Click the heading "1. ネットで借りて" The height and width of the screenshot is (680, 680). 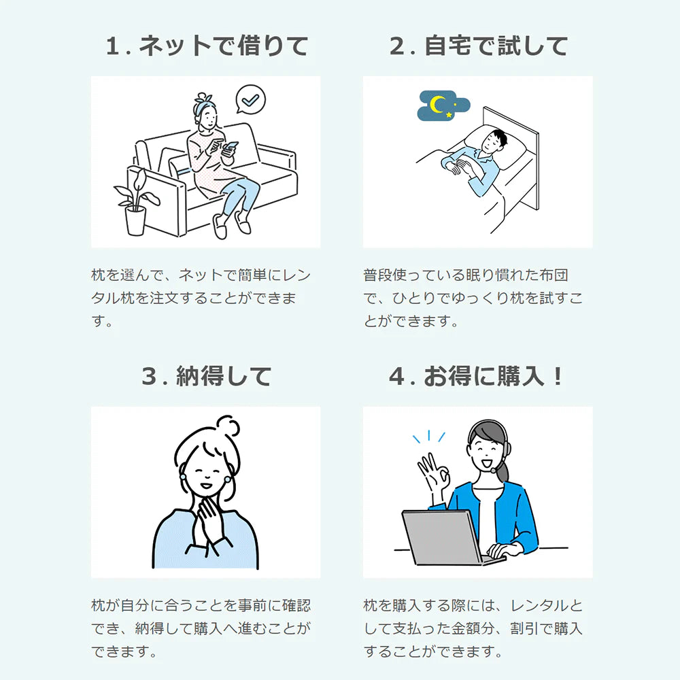(x=207, y=46)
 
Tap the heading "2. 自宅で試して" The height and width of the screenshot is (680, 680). (x=478, y=46)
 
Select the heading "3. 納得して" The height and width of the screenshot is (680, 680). (x=207, y=376)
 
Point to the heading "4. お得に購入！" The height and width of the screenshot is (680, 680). (x=476, y=376)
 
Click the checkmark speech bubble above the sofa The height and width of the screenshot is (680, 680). (x=251, y=99)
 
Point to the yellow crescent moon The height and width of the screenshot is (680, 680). (x=438, y=105)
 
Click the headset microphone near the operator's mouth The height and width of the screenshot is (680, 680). (x=494, y=470)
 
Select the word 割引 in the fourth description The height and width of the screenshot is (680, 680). (x=524, y=628)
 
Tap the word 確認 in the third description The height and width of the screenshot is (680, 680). (x=296, y=605)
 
